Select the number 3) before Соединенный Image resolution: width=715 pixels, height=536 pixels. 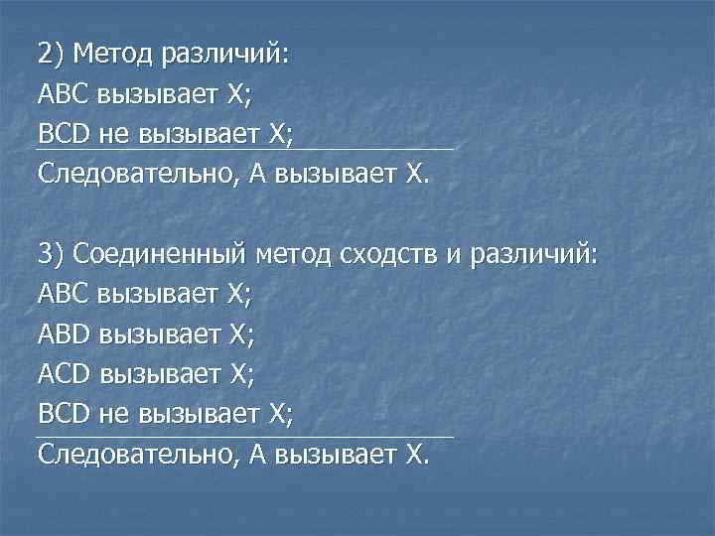click(52, 253)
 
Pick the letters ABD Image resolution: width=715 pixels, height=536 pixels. click(67, 334)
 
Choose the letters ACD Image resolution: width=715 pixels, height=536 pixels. click(67, 373)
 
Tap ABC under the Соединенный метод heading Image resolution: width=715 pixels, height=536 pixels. click(66, 294)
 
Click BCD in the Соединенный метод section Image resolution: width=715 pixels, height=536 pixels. click(67, 414)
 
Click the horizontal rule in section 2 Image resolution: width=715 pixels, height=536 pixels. click(245, 151)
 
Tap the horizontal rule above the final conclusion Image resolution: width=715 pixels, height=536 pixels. click(245, 436)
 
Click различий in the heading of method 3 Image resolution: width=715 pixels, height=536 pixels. click(536, 253)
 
